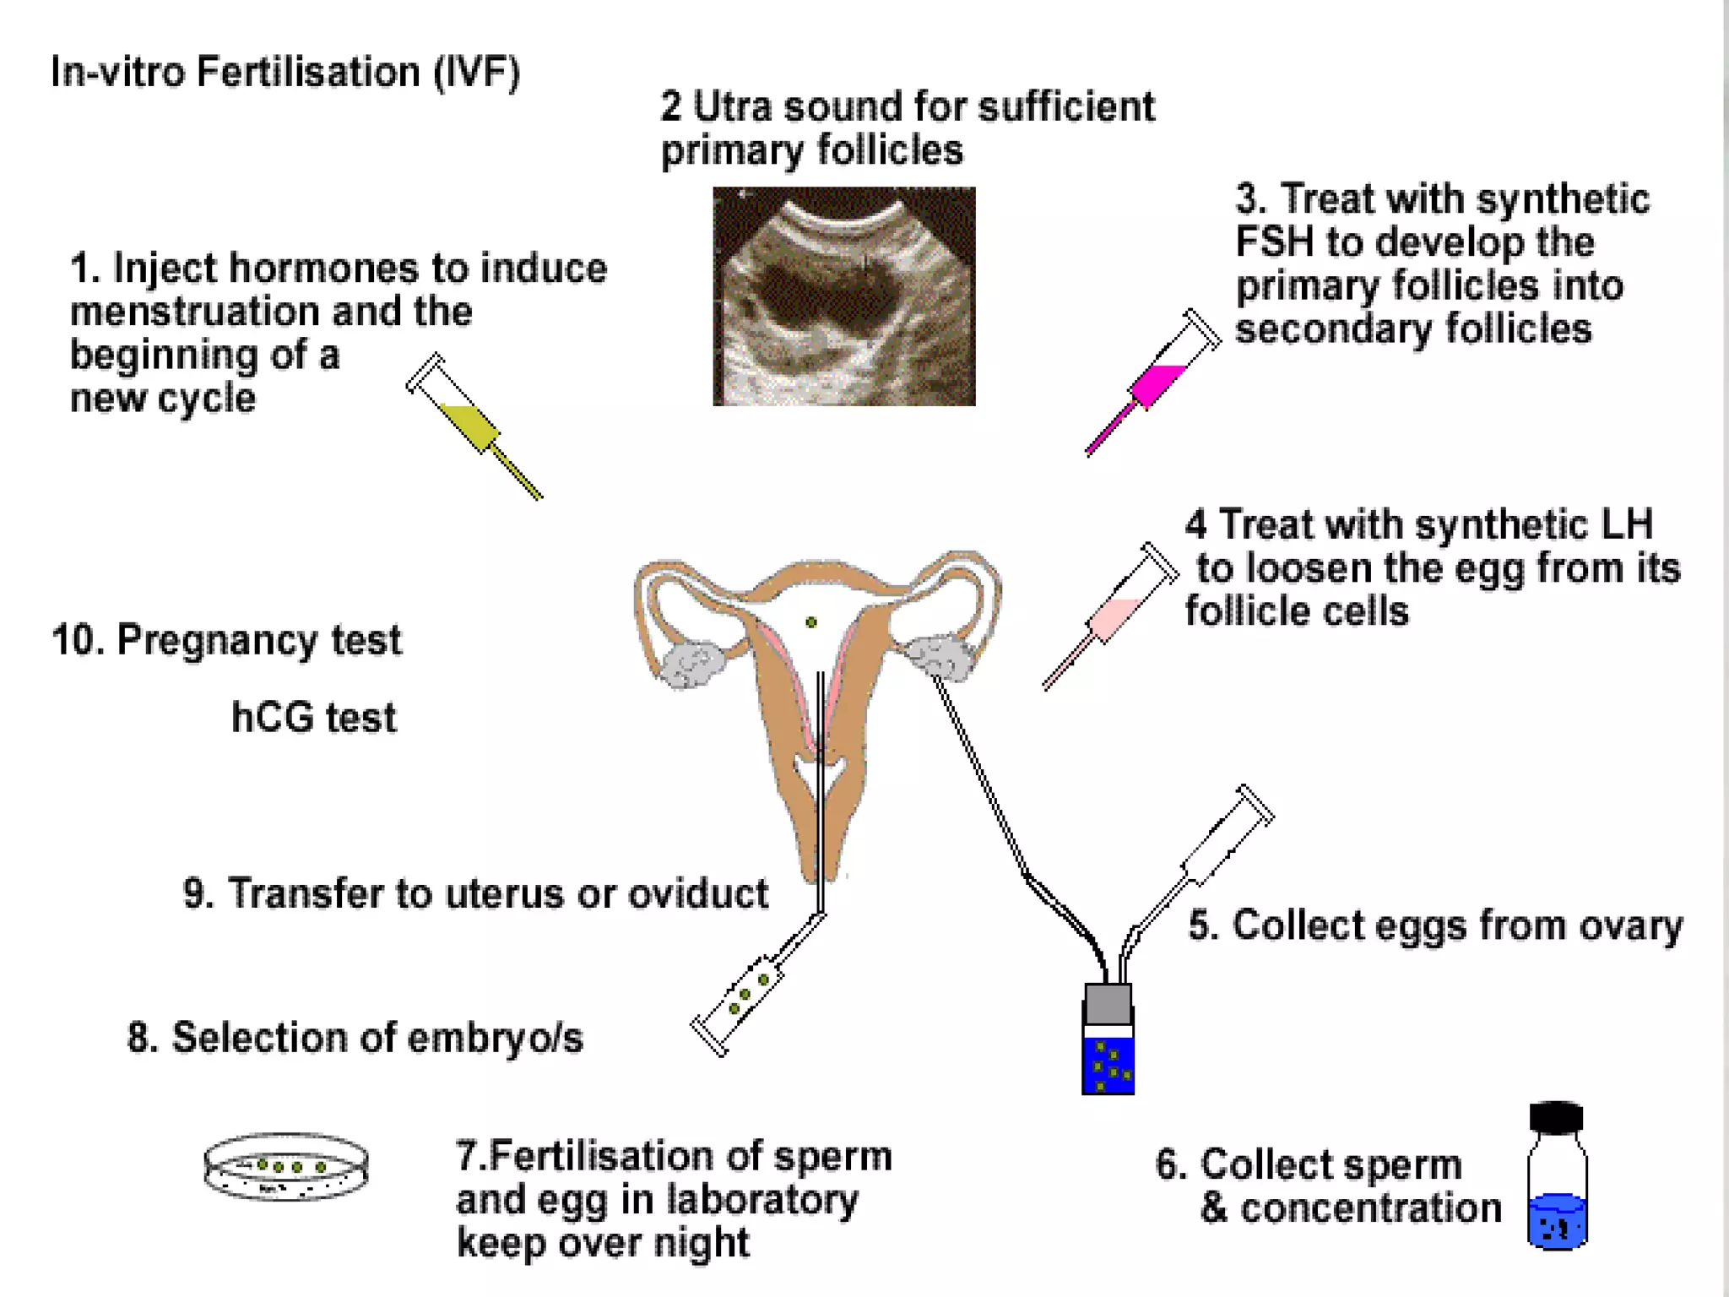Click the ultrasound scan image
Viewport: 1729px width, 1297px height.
coord(844,296)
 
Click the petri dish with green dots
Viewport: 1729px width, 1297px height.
coord(286,1167)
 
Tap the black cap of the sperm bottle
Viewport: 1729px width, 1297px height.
coord(1556,1117)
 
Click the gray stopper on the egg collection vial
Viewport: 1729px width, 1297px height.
coord(1108,1004)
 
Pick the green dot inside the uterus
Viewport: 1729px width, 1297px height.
coord(811,622)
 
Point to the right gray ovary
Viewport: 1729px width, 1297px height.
coord(940,656)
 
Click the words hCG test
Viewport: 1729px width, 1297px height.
coord(313,718)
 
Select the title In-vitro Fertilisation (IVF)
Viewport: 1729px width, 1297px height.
coord(285,72)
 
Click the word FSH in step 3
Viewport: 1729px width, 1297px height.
coord(1275,242)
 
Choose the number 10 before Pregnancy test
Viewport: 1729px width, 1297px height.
coord(77,640)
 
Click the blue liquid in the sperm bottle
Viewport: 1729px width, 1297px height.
coord(1557,1219)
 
